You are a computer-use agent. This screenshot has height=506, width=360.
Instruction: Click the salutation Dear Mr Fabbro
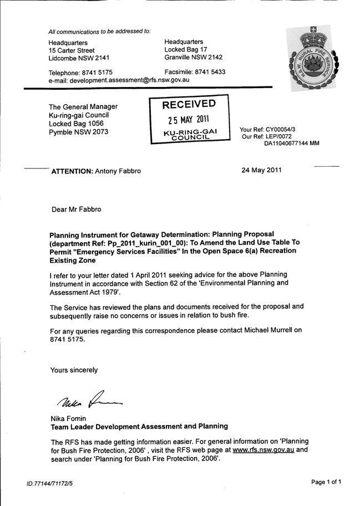point(77,209)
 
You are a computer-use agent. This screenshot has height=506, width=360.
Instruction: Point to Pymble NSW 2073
point(79,132)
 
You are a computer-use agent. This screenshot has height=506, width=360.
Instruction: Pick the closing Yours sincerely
point(74,370)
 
